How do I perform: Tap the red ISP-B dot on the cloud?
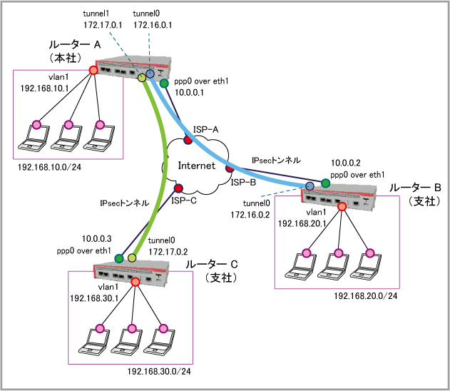[230, 170]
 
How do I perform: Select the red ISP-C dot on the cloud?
[178, 188]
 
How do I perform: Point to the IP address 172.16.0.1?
[150, 25]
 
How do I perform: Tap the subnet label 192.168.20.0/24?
[364, 295]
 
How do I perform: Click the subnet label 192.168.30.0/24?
[160, 371]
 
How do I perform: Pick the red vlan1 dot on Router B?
[342, 207]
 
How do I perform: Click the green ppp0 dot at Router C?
[119, 258]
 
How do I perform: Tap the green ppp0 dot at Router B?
[325, 183]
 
